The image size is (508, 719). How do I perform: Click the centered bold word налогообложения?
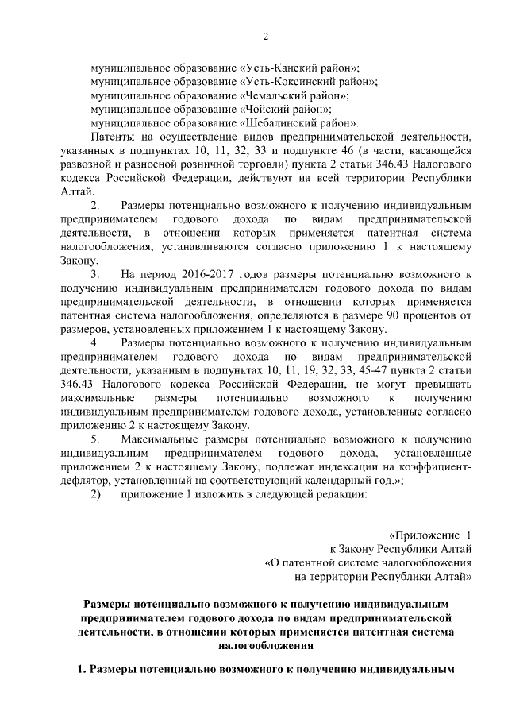coord(267,646)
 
